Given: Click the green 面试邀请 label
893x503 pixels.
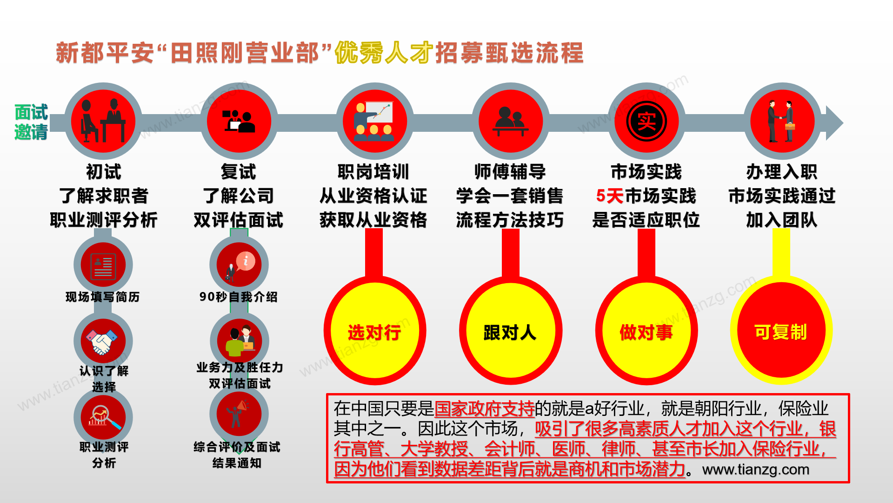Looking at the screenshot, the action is click(31, 122).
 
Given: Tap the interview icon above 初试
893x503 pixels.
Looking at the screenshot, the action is click(103, 121).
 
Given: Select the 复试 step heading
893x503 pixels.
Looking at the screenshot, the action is click(239, 172).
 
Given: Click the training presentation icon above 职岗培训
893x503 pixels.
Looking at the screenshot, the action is click(374, 121).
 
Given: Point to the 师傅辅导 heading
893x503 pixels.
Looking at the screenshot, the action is click(510, 172).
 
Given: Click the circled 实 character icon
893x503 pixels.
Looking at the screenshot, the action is click(646, 121).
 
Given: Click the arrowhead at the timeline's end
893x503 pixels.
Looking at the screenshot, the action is click(834, 123).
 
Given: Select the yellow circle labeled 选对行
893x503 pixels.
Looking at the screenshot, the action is click(374, 332).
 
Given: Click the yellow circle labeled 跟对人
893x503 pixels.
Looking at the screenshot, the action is click(510, 332).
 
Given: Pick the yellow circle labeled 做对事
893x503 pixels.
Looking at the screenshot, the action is click(646, 332).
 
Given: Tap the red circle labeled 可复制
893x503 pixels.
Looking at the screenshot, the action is click(781, 332).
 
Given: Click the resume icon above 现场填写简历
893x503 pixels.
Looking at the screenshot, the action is click(103, 265).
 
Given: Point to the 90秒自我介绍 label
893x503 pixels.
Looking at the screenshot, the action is click(239, 297).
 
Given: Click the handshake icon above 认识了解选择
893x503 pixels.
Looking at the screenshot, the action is click(103, 341).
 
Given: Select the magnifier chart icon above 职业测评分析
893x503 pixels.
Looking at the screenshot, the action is click(103, 417).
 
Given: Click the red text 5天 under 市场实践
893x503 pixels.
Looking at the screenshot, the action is click(609, 196).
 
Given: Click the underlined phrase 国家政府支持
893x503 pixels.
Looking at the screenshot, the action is click(484, 408).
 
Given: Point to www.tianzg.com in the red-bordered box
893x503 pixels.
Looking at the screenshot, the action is click(756, 469).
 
